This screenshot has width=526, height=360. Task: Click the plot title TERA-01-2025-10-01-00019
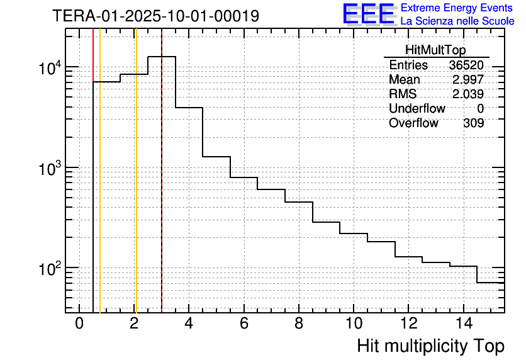pyautogui.click(x=155, y=16)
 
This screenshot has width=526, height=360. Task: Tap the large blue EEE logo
pyautogui.click(x=369, y=14)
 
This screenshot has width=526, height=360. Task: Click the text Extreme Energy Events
pyautogui.click(x=457, y=8)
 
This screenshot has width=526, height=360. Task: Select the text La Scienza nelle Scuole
pyautogui.click(x=457, y=21)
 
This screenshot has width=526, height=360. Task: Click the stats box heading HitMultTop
pyautogui.click(x=436, y=52)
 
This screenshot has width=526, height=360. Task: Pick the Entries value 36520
pyautogui.click(x=466, y=65)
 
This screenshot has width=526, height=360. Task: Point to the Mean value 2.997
pyautogui.click(x=468, y=80)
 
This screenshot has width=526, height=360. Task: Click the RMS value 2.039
pyautogui.click(x=468, y=94)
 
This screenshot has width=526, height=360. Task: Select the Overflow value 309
pyautogui.click(x=473, y=123)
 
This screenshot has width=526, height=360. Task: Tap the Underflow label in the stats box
pyautogui.click(x=417, y=109)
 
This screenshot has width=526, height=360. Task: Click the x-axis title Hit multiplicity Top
pyautogui.click(x=430, y=346)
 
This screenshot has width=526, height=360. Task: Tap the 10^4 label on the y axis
pyautogui.click(x=47, y=68)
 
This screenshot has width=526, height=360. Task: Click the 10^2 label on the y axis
pyautogui.click(x=47, y=269)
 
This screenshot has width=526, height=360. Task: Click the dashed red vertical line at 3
pyautogui.click(x=162, y=189)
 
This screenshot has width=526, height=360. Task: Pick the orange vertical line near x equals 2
pyautogui.click(x=135, y=189)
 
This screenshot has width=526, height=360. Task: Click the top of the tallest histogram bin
pyautogui.click(x=162, y=57)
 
